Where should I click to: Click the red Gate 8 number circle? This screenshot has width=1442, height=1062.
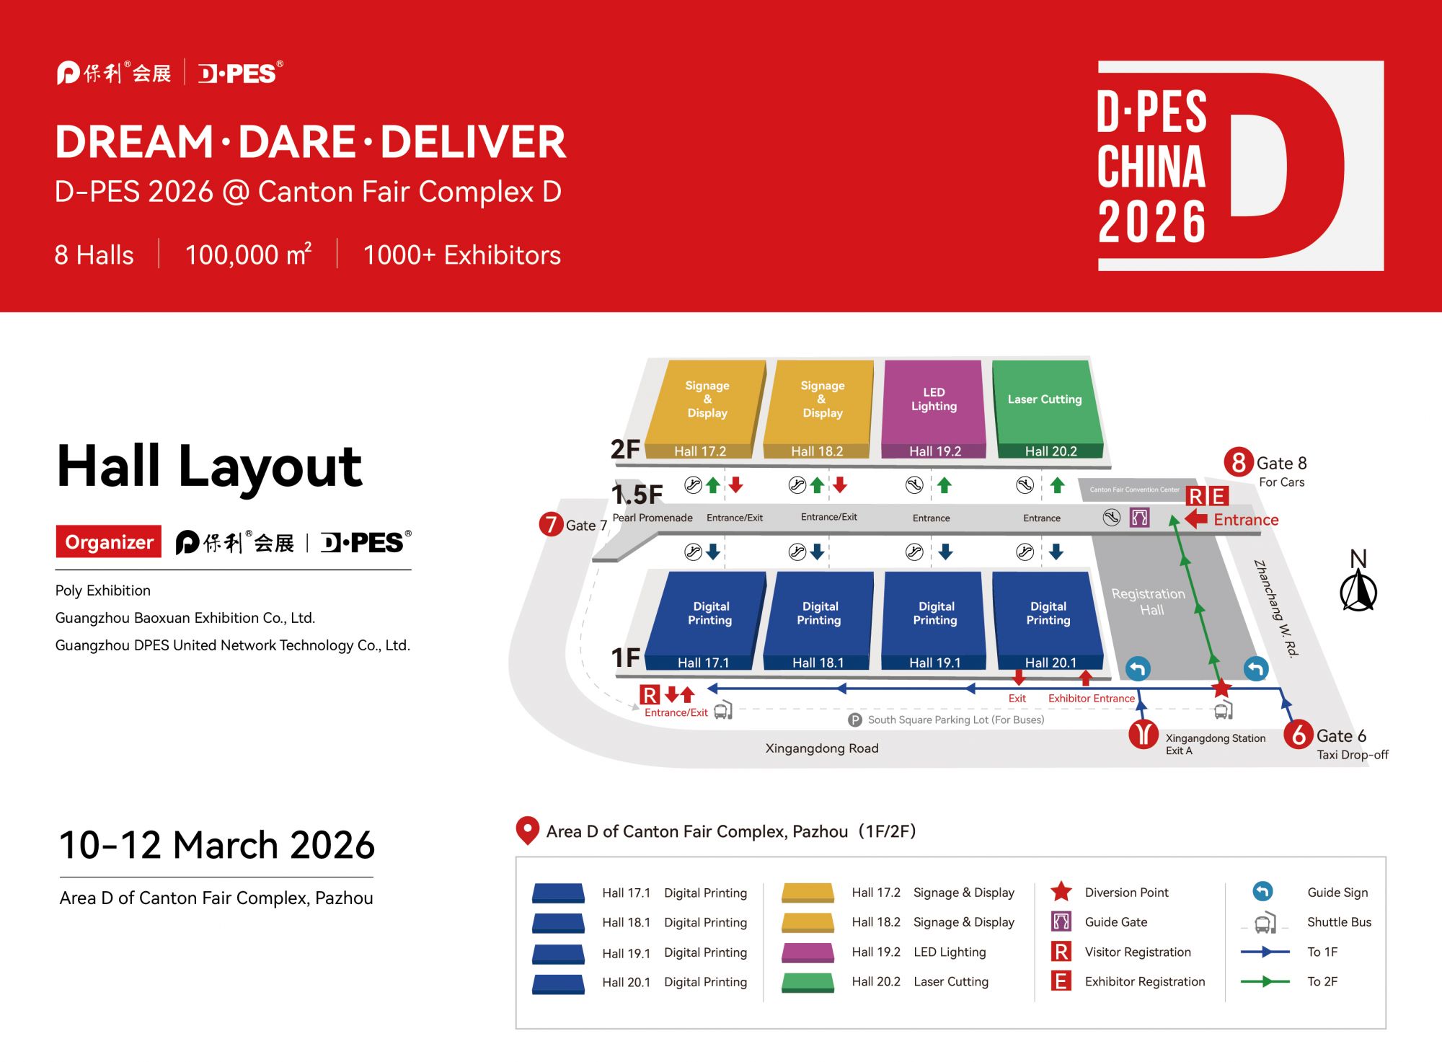click(1238, 462)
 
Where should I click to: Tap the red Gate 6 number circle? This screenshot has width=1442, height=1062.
click(1299, 735)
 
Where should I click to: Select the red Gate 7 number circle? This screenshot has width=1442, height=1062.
click(551, 524)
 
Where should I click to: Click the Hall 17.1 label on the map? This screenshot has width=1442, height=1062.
click(703, 663)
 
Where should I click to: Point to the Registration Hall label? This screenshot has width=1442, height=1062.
click(1149, 601)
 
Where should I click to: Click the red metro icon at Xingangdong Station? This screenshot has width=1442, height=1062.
click(1143, 734)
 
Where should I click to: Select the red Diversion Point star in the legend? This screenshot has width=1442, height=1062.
click(1061, 892)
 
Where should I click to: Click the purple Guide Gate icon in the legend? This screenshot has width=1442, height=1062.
click(1061, 921)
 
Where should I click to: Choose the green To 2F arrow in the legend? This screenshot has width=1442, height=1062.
click(1265, 981)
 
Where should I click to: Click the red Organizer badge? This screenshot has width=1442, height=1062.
click(109, 541)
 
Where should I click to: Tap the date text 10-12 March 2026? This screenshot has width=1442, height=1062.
click(217, 845)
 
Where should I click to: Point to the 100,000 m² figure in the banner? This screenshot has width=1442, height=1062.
click(248, 255)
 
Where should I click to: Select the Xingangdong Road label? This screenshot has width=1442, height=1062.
click(822, 748)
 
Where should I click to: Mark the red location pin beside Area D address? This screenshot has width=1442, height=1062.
click(528, 831)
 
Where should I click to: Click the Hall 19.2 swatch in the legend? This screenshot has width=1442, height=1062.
click(808, 952)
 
